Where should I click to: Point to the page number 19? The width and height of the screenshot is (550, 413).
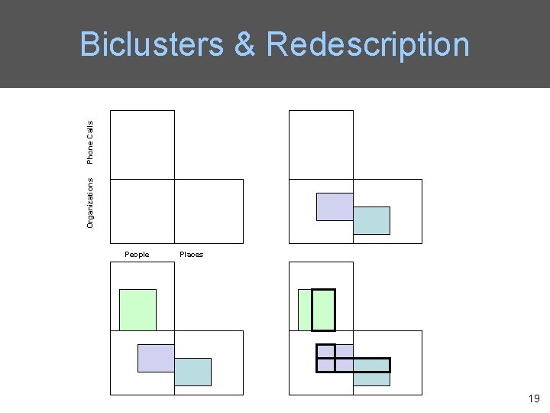point(533,398)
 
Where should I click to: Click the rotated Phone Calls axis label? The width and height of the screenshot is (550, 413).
point(90,141)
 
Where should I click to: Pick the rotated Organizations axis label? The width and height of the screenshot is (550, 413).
point(90,203)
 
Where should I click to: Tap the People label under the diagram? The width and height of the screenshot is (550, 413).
point(137,255)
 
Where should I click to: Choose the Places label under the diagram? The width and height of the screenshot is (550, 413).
point(191,255)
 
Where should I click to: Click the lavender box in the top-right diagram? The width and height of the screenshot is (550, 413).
point(335,206)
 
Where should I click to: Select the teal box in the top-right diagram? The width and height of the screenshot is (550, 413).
point(372,220)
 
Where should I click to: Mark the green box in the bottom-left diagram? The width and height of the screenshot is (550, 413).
point(137,310)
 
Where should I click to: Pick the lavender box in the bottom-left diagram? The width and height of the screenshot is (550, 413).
point(156,358)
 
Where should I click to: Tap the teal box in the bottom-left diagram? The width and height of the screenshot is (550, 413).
point(192,372)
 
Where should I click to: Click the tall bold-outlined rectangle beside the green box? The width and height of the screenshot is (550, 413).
point(324,310)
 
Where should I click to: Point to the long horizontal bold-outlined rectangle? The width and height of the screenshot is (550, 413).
point(363,365)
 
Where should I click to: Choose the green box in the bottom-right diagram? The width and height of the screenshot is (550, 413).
point(304,310)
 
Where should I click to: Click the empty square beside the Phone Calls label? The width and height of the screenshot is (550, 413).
point(142,145)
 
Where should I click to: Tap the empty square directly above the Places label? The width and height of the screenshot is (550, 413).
point(209,211)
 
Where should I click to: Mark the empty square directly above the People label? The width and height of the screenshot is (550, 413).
point(142,211)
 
